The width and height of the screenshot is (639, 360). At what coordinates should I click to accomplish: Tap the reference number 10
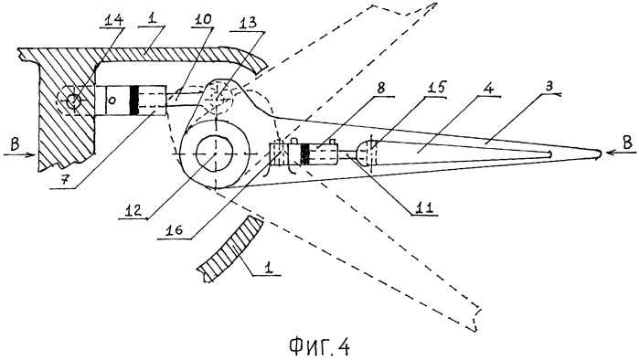coord(202,19)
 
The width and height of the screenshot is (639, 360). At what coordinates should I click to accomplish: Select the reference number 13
coord(248,22)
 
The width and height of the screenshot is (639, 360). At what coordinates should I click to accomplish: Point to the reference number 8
coord(380,89)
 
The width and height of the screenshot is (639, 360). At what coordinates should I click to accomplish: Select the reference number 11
coord(423,206)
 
